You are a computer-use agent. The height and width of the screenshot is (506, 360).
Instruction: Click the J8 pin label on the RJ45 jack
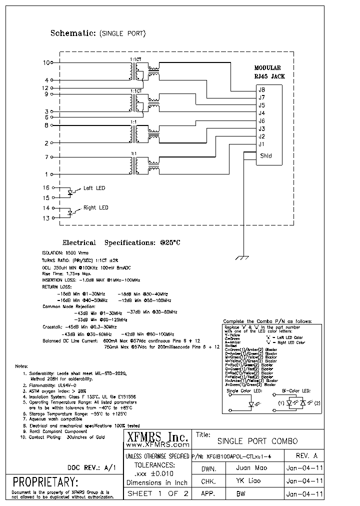pos(261,90)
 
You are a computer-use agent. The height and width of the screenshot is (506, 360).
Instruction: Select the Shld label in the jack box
pos(265,155)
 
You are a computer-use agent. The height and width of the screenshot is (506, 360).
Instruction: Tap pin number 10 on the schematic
pos(46,63)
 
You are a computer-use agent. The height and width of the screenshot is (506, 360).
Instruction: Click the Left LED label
pos(94,188)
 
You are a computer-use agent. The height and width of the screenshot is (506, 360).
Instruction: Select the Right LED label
pos(95,207)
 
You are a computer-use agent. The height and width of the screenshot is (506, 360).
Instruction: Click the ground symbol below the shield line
pos(242,257)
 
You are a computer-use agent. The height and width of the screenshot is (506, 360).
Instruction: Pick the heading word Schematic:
pos(73,33)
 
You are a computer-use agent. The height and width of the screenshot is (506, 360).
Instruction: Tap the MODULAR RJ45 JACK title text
pos(267,72)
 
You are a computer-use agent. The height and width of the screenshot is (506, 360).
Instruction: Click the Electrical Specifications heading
pos(120,242)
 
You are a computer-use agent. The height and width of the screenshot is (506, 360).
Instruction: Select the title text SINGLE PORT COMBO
pos(257,441)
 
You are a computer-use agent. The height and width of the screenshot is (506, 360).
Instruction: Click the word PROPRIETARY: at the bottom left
pos(45,483)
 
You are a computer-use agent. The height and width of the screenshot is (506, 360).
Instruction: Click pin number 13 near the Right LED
pos(46,218)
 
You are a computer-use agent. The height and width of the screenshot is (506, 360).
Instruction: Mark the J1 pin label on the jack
pos(261,144)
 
